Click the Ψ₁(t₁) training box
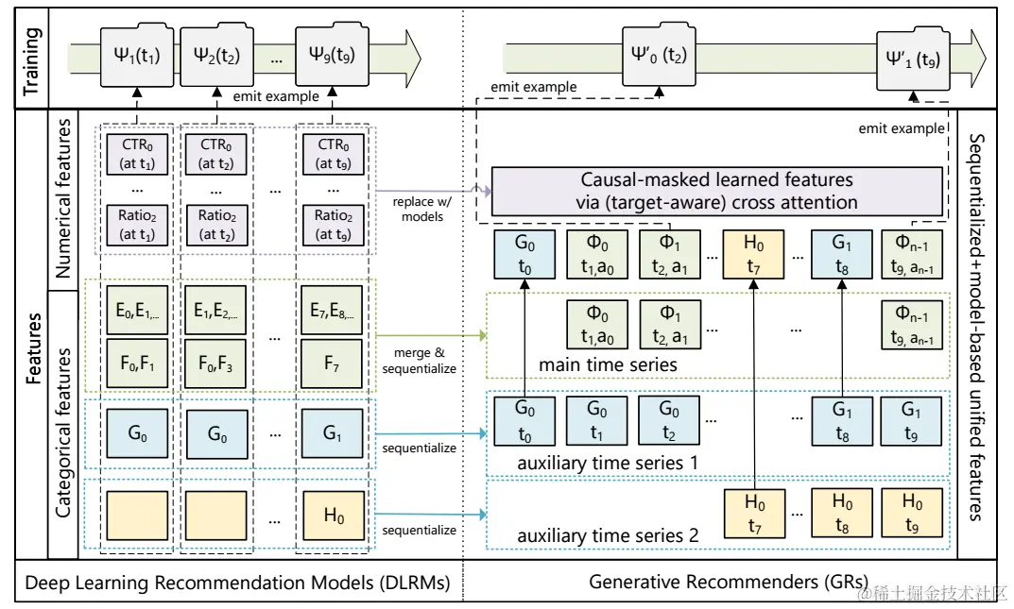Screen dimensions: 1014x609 click(x=137, y=56)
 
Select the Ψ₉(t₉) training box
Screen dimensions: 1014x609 click(x=332, y=56)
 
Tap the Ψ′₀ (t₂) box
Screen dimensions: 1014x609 click(x=659, y=56)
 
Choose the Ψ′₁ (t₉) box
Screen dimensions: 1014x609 click(x=913, y=59)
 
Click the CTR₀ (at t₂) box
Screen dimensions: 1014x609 click(x=216, y=154)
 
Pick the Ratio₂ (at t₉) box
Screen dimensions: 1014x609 click(x=333, y=225)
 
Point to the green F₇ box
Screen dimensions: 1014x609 click(x=332, y=364)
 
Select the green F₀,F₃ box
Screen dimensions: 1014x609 click(x=216, y=364)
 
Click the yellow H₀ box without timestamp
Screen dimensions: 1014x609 click(x=333, y=516)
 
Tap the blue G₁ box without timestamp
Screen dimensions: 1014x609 click(x=332, y=432)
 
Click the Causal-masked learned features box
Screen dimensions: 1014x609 click(x=717, y=191)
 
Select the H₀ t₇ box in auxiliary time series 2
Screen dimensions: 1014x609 click(x=755, y=514)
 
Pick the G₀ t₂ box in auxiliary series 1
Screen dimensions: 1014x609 click(x=669, y=421)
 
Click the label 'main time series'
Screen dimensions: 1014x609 click(x=608, y=364)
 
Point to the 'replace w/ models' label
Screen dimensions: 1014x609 click(x=422, y=210)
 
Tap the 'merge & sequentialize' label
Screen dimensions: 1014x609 click(x=419, y=361)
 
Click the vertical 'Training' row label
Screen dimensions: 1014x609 click(x=32, y=60)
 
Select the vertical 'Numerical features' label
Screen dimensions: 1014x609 click(x=62, y=199)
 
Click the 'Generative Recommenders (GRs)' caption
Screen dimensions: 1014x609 click(x=729, y=582)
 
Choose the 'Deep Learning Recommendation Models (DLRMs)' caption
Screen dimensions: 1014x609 click(x=237, y=583)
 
